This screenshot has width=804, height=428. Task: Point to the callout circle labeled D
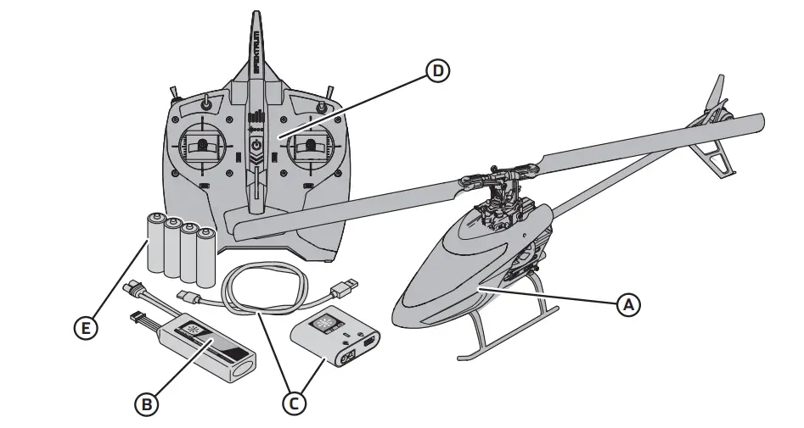[x=437, y=71]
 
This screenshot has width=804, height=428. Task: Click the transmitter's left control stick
[x=203, y=146]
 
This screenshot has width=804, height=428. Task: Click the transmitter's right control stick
[x=311, y=146]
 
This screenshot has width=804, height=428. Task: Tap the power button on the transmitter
[x=256, y=146]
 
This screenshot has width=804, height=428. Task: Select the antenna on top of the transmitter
[x=256, y=42]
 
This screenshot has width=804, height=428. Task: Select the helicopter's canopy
[x=450, y=271]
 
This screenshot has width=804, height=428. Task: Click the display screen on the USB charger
[x=325, y=323]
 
